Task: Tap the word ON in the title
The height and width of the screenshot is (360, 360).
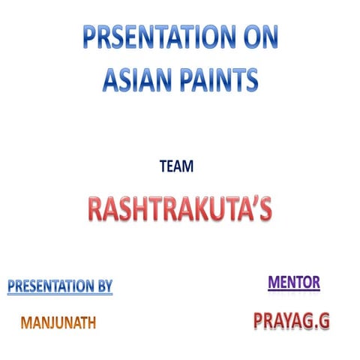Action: tap(255, 37)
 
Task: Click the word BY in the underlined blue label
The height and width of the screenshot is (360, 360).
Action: tap(103, 286)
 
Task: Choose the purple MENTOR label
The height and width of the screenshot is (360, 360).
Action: tap(294, 282)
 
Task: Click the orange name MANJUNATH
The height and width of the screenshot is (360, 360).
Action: tap(58, 323)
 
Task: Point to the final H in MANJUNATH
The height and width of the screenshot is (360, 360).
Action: tap(91, 323)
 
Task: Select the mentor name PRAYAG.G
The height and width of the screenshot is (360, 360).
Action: tap(292, 321)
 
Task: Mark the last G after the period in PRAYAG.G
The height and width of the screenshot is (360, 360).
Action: tap(323, 321)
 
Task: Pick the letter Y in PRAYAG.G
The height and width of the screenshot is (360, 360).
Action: tap(286, 321)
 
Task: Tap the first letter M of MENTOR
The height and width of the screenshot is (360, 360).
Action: tap(273, 282)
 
